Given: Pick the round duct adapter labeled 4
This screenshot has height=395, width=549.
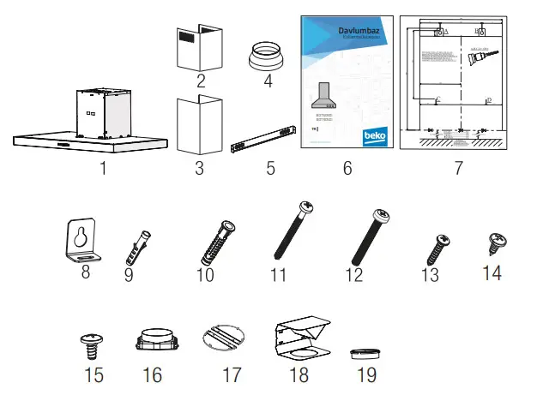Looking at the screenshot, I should click(268, 57).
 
